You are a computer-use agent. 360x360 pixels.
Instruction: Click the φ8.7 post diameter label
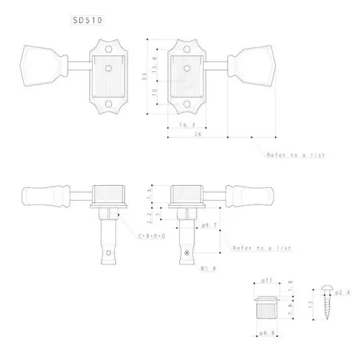tap(212, 226)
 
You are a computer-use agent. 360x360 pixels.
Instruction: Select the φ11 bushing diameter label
tap(267, 279)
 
